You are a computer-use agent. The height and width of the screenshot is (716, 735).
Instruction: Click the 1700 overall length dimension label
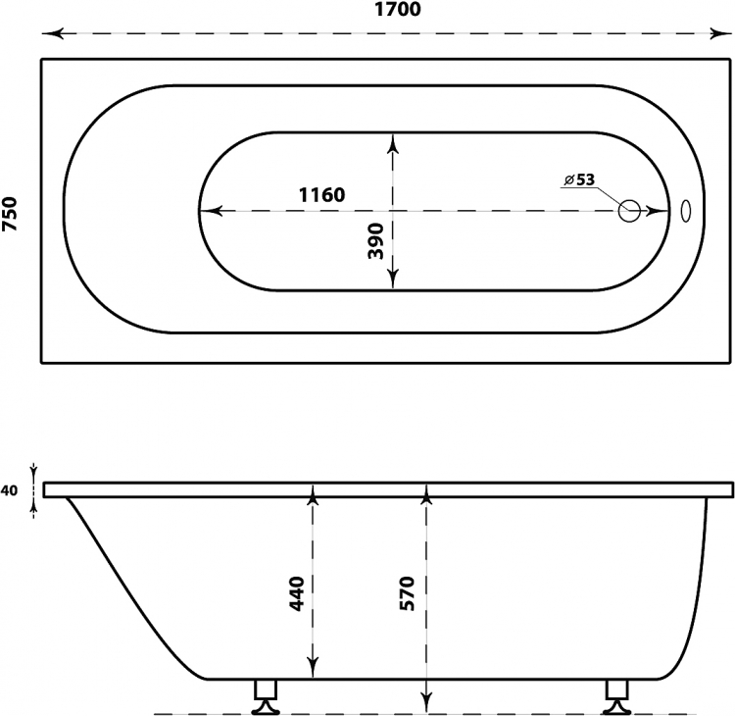(398, 10)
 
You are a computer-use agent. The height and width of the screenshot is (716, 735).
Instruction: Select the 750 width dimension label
(10, 214)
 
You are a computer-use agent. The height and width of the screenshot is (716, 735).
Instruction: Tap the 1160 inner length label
(322, 194)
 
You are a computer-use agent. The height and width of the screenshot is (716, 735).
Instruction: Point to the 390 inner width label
(375, 241)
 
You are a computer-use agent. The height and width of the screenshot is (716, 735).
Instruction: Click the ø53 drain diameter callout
(579, 179)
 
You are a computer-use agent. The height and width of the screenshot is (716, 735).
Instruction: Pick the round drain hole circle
(629, 211)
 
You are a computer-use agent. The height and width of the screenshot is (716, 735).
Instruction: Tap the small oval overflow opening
(685, 211)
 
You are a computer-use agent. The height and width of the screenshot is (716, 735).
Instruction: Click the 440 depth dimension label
(296, 593)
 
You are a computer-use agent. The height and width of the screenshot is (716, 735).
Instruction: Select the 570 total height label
(407, 593)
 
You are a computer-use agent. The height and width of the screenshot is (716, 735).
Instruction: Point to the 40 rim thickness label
(9, 490)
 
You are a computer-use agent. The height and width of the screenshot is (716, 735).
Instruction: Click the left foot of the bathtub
(265, 697)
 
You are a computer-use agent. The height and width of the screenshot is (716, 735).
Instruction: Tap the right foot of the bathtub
(616, 697)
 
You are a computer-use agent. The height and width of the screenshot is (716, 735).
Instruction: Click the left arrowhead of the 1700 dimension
(53, 33)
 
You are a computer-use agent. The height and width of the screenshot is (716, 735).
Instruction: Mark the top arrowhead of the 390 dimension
(393, 143)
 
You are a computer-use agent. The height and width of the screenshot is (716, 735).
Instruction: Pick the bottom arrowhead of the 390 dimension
(393, 280)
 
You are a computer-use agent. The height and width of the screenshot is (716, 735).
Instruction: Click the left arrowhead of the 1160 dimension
(211, 211)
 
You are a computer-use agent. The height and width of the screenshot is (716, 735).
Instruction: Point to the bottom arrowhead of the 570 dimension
(426, 702)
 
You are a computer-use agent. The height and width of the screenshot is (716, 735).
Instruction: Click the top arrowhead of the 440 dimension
(313, 495)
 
